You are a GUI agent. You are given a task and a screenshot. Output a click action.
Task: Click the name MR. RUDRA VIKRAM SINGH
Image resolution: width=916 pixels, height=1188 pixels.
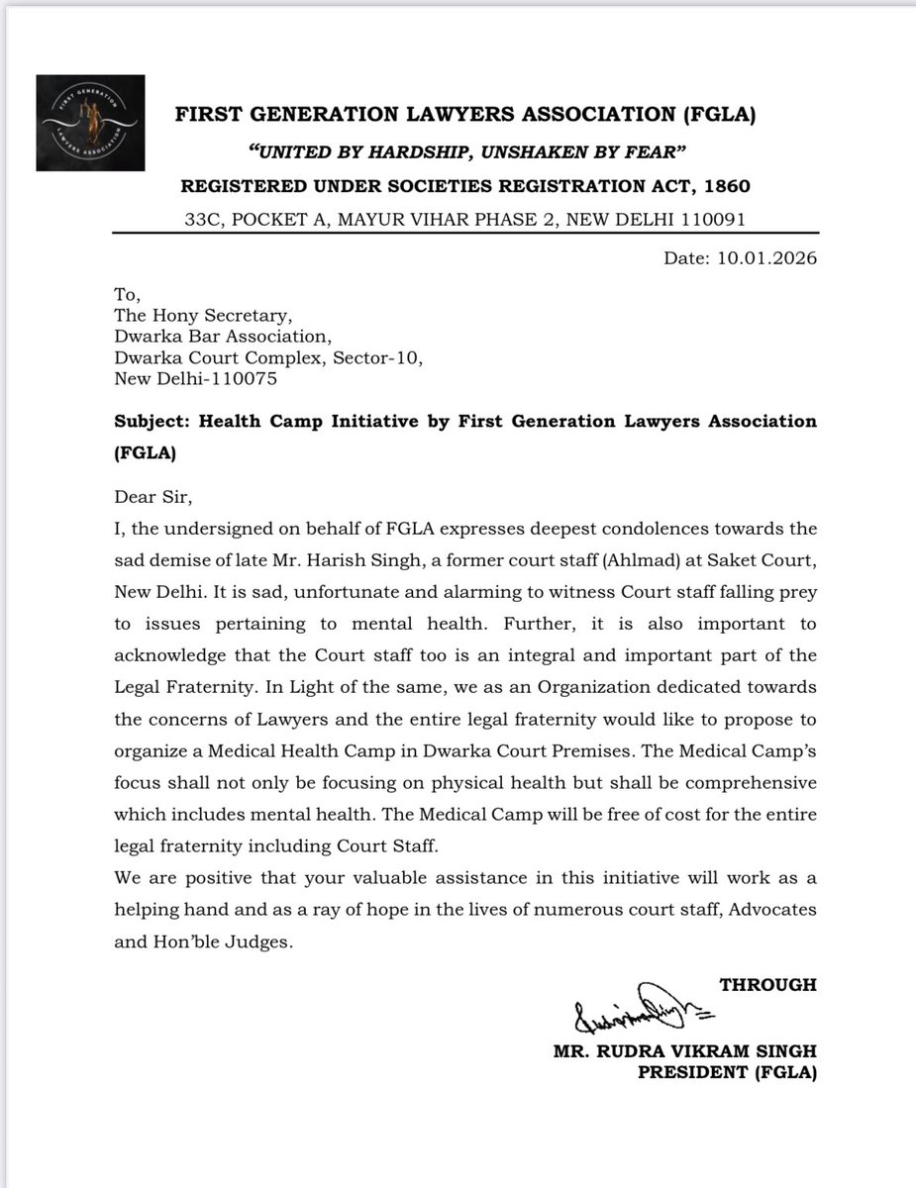click(x=685, y=1051)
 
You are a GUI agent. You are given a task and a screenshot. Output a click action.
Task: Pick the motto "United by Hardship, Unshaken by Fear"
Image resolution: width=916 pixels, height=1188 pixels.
click(x=465, y=150)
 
